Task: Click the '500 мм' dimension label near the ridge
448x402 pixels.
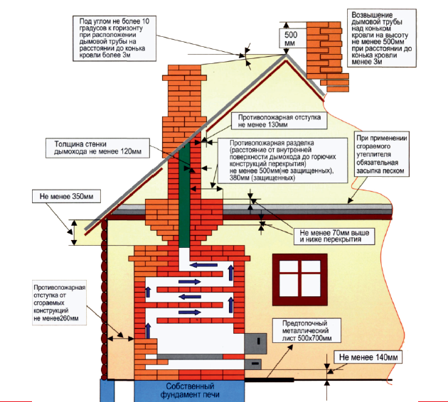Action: pyautogui.click(x=291, y=39)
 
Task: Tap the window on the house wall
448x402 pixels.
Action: pyautogui.click(x=299, y=280)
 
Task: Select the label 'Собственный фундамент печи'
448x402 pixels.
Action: pyautogui.click(x=190, y=391)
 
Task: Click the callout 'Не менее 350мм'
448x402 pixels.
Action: pyautogui.click(x=66, y=196)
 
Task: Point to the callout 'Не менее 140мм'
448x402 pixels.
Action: pyautogui.click(x=368, y=357)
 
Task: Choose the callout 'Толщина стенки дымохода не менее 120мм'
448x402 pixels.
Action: pyautogui.click(x=97, y=148)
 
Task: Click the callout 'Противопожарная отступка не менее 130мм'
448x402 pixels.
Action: pyautogui.click(x=279, y=121)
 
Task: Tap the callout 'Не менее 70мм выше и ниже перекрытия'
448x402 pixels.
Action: pyautogui.click(x=334, y=236)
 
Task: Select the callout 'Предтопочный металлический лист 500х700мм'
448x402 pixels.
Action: pyautogui.click(x=306, y=331)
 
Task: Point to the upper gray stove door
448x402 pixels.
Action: pyautogui.click(x=255, y=343)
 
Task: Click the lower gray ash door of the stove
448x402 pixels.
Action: pyautogui.click(x=253, y=364)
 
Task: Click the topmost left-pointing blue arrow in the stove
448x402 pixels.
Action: pyautogui.click(x=203, y=265)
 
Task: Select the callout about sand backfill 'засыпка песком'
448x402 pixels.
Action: pyautogui.click(x=381, y=154)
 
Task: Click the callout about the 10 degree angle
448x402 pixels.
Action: pyautogui.click(x=114, y=38)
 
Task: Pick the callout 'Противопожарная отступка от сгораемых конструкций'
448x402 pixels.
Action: pyautogui.click(x=60, y=303)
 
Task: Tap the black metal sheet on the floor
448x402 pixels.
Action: pyautogui.click(x=269, y=380)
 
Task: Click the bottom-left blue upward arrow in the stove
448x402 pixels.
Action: pyautogui.click(x=148, y=331)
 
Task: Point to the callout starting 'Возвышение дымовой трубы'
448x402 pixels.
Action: pyautogui.click(x=381, y=38)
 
